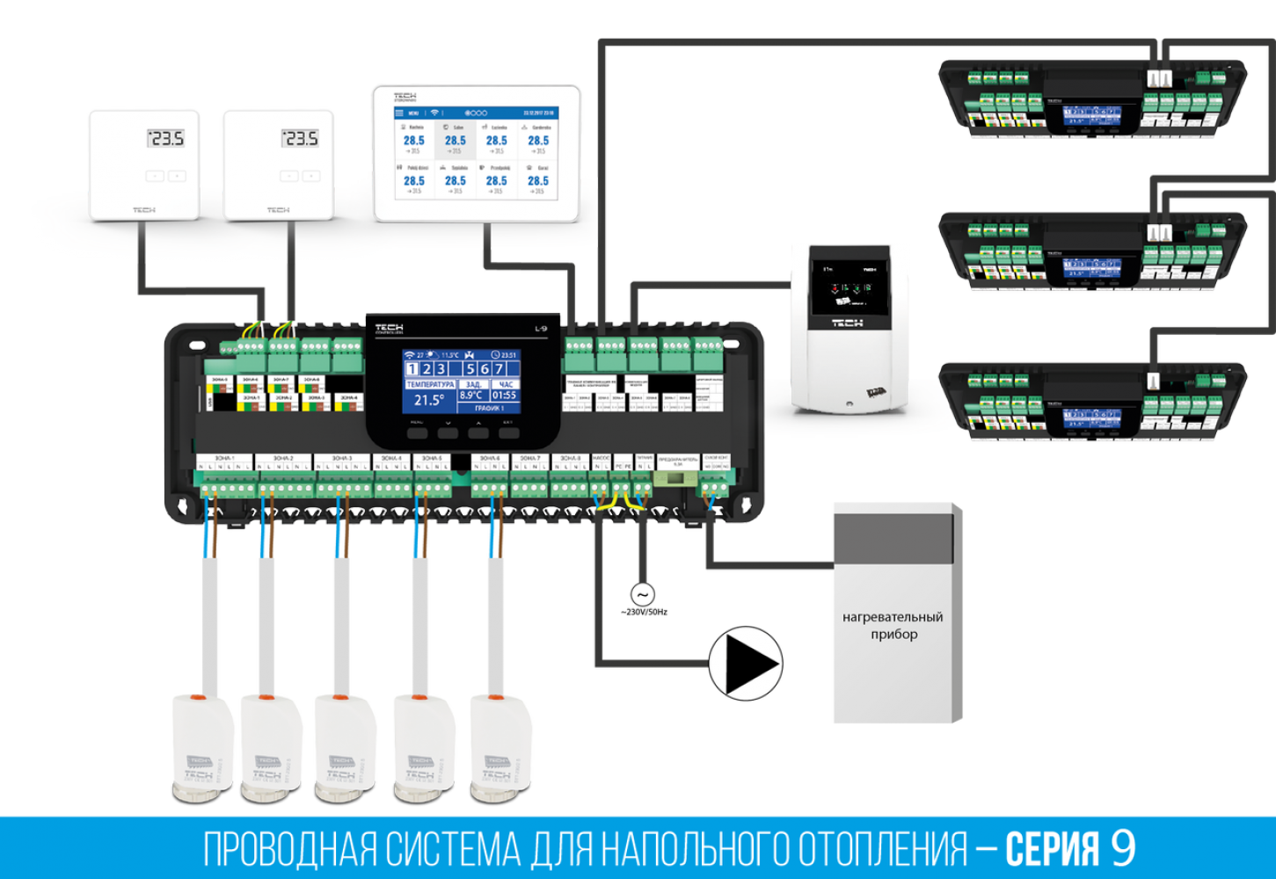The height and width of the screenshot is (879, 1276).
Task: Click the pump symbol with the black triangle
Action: coord(746,664)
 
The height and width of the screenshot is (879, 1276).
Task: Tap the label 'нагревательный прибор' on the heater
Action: coord(892,625)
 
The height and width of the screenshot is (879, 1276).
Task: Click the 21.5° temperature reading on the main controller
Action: coord(428,400)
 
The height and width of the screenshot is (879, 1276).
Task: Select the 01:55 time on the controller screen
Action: coord(505,396)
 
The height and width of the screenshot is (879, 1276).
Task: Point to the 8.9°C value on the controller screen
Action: coord(472,396)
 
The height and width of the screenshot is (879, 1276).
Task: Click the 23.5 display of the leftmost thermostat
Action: coord(165,139)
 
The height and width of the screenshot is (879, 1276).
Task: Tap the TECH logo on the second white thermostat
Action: coord(278,210)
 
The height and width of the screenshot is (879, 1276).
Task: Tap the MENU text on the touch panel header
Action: coord(413,113)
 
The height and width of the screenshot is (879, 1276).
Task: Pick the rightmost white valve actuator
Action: coord(499,747)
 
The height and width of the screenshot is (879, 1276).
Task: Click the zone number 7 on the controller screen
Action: coord(499,369)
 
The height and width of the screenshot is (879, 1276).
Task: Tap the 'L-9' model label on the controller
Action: coord(541,330)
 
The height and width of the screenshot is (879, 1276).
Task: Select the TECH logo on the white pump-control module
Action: coord(847,323)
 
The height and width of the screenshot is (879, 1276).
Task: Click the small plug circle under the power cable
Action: coord(642,595)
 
